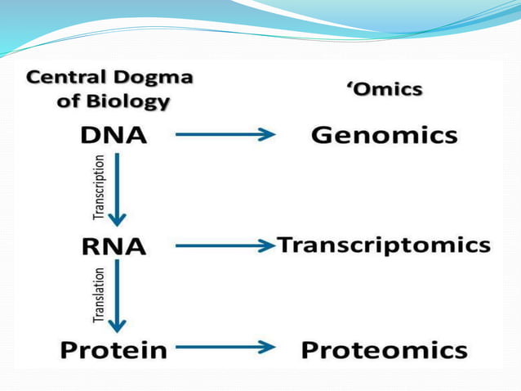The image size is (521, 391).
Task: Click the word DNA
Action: [x=114, y=136]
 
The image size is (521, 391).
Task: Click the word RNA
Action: [x=114, y=245]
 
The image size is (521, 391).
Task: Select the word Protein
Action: [x=114, y=351]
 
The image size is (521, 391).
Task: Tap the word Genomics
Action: [x=384, y=136]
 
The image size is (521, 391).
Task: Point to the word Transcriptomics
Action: [x=384, y=245]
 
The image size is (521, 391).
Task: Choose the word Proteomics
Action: [x=384, y=351]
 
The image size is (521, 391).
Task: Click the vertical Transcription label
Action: [x=99, y=187]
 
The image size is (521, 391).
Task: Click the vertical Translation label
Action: [x=99, y=295]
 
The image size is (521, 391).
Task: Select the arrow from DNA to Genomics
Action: [x=225, y=136]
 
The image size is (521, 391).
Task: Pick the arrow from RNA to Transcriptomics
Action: [x=224, y=245]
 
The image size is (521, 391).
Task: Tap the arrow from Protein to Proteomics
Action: [x=225, y=348]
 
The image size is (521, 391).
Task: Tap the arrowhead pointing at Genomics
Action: [x=266, y=136]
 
